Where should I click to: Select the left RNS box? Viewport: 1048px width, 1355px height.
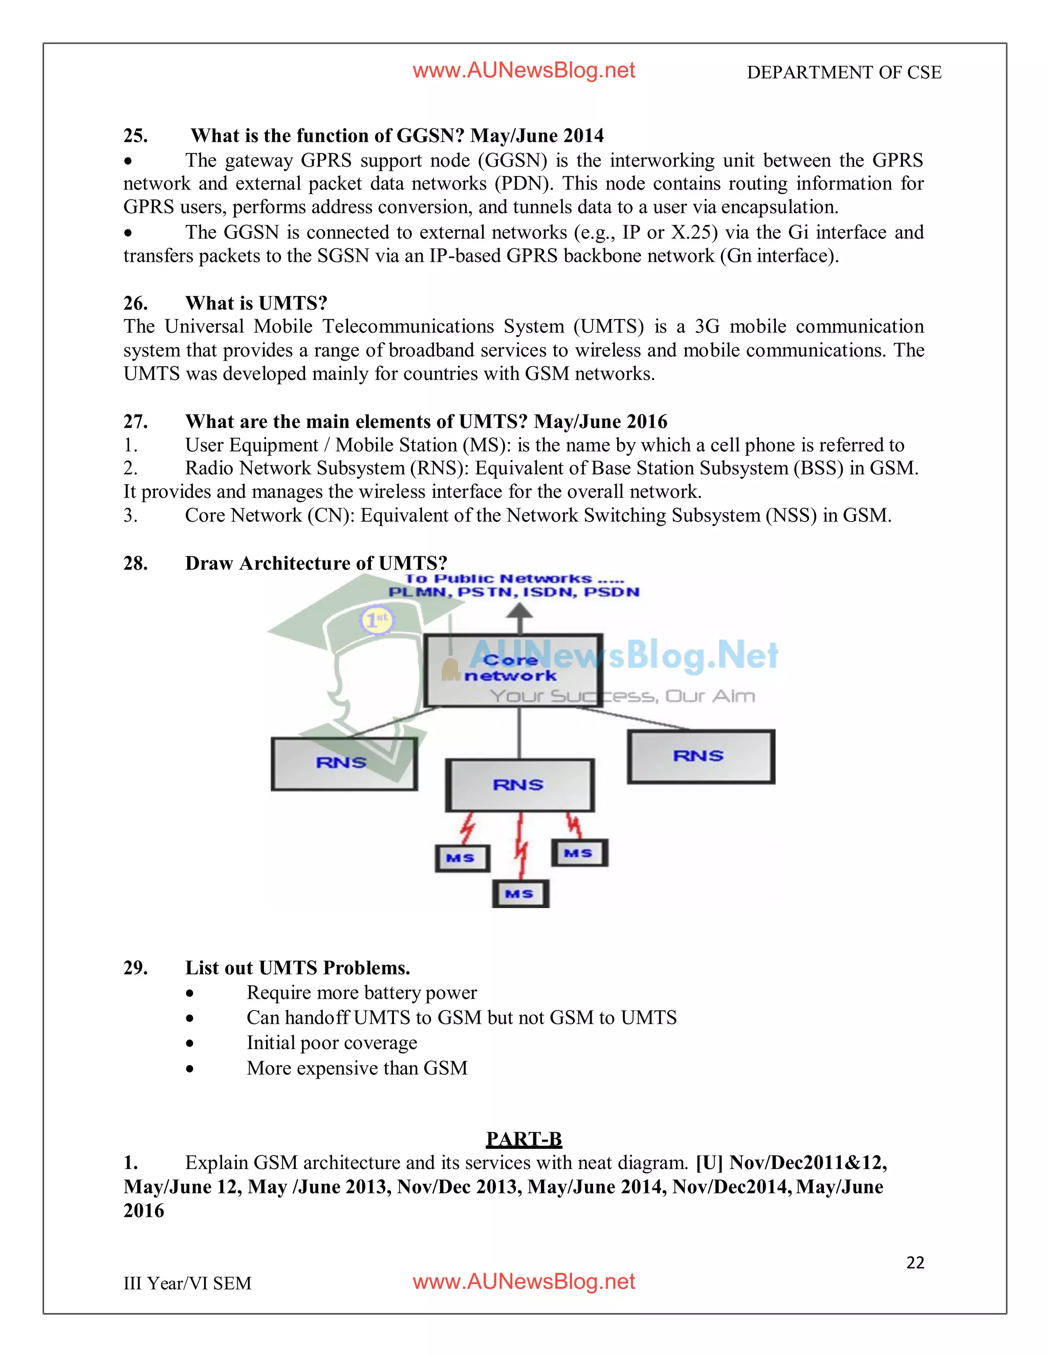[x=344, y=764]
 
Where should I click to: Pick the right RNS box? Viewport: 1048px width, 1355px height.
[x=701, y=757]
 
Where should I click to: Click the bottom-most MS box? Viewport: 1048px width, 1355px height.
[x=520, y=894]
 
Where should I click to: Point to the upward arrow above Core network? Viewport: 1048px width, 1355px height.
[x=520, y=618]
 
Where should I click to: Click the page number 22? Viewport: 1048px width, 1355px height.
[x=915, y=1262]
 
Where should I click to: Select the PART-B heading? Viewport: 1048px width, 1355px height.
[x=523, y=1139]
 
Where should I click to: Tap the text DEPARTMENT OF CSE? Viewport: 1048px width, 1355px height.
[x=844, y=73]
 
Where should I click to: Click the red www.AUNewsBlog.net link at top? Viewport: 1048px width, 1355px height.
[x=523, y=71]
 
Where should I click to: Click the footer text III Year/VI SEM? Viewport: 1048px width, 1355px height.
[x=187, y=1283]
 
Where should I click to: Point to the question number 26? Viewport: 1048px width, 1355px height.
[x=135, y=303]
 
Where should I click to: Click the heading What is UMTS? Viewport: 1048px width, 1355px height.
[x=256, y=303]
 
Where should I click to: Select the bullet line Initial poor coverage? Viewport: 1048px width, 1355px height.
[x=332, y=1043]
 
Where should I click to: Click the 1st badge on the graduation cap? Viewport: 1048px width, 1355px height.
[x=377, y=619]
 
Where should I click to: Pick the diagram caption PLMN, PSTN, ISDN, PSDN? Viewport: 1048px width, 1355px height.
[x=513, y=592]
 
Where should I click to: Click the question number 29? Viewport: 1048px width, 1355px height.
[x=135, y=968]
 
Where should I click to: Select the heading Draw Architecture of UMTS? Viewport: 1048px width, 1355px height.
[x=316, y=563]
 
